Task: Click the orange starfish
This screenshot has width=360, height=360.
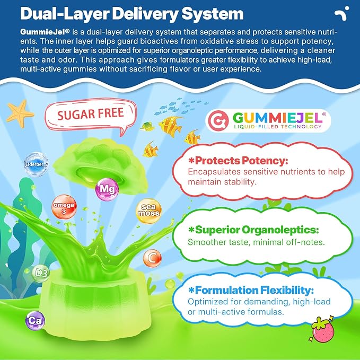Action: [20, 113]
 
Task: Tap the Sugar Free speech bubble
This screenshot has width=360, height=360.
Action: [91, 116]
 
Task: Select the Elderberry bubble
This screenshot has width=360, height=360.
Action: [36, 164]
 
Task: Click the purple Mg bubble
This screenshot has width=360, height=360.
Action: [107, 189]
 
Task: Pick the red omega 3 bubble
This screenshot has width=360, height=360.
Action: [64, 207]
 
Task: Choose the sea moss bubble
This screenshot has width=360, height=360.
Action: [148, 211]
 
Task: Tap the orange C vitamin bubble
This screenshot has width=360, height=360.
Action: [152, 258]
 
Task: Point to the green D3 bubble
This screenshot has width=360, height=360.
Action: [41, 273]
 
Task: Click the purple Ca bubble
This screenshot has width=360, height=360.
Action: [36, 321]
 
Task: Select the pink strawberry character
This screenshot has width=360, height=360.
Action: [322, 329]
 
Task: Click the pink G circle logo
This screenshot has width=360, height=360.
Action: [218, 120]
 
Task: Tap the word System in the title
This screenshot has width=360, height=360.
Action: [213, 14]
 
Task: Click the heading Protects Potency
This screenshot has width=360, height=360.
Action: [238, 161]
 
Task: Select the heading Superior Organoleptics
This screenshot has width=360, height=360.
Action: [253, 230]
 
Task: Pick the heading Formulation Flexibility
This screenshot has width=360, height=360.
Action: [251, 290]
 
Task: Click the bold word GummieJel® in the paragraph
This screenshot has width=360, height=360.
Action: [45, 32]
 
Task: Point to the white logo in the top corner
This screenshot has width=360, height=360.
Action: [342, 13]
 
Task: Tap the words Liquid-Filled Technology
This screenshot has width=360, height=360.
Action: [278, 127]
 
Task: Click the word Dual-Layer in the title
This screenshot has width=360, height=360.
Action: [65, 14]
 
